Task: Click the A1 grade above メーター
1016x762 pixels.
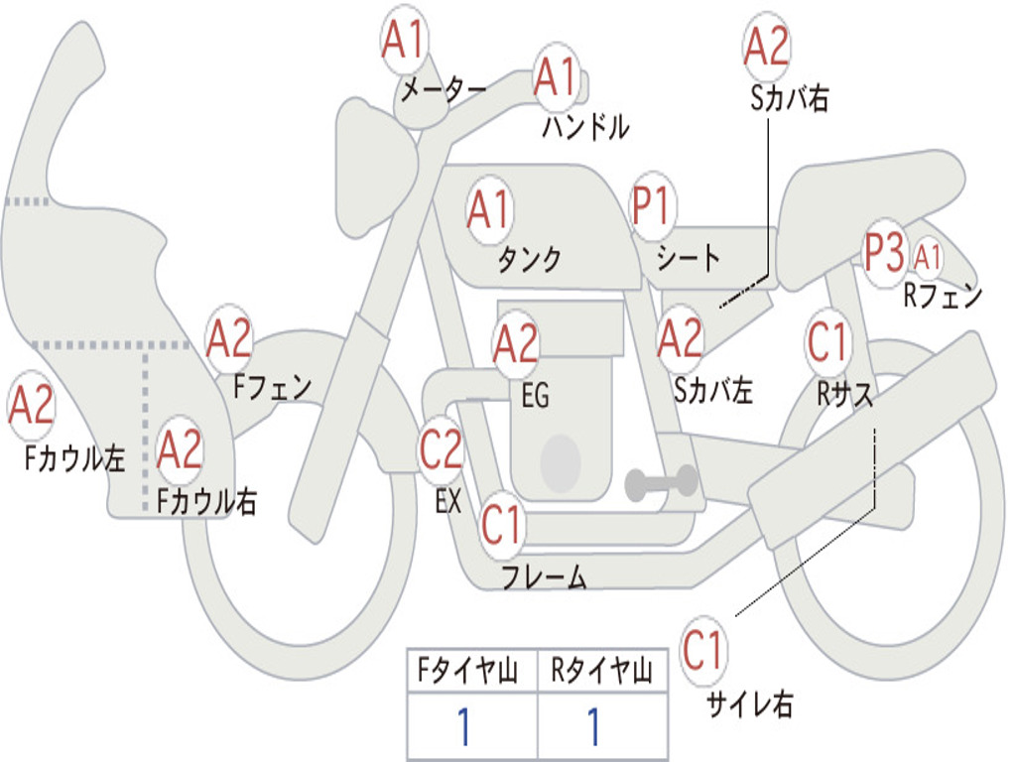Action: tap(404, 41)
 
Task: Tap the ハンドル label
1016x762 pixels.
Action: tap(585, 127)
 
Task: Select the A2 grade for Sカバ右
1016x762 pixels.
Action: tap(766, 46)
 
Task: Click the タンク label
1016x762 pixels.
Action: tap(530, 259)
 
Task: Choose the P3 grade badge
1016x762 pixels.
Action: tap(884, 254)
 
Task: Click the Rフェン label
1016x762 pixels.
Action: tap(943, 296)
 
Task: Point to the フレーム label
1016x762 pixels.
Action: tap(544, 576)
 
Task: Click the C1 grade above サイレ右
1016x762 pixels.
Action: tap(703, 652)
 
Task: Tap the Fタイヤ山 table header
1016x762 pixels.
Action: tap(471, 672)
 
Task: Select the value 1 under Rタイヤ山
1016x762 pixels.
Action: tap(594, 726)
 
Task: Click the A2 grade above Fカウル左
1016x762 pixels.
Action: tap(31, 406)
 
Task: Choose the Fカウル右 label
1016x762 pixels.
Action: tap(207, 501)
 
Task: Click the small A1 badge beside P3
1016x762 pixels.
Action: tap(928, 258)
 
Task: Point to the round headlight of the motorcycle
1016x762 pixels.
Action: tap(376, 164)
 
